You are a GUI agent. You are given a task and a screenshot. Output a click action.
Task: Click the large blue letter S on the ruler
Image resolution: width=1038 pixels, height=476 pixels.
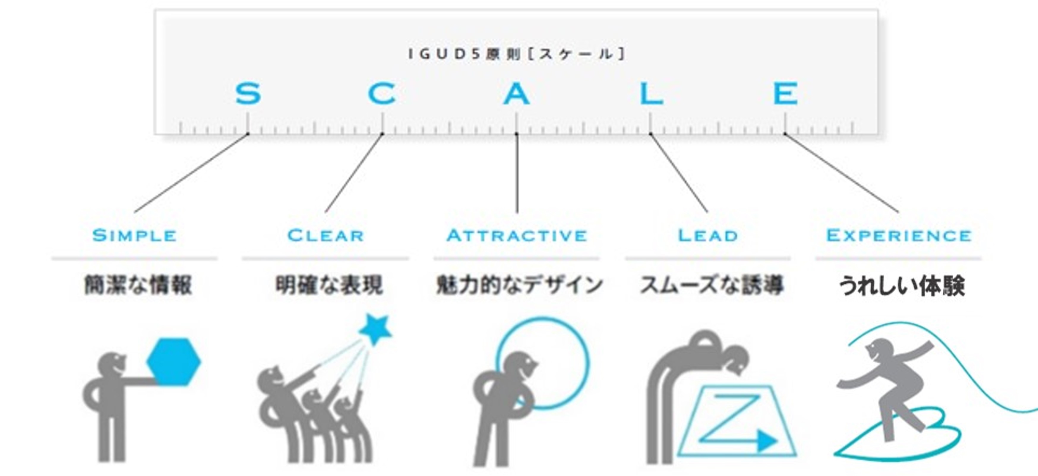click(248, 93)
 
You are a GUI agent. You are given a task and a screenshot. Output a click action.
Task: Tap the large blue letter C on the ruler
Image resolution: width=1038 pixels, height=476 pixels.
click(382, 93)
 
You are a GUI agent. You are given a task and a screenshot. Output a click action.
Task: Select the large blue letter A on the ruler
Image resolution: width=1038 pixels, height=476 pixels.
click(516, 93)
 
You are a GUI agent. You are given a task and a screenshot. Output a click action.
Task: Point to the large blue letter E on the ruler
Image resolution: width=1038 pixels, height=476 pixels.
click(785, 93)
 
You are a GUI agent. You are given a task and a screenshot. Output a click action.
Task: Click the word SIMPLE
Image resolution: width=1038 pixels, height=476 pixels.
click(135, 236)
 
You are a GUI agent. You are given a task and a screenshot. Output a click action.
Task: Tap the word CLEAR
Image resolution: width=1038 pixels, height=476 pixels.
click(326, 236)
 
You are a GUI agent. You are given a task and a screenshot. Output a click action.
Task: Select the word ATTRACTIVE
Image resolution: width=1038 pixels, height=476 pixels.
click(517, 236)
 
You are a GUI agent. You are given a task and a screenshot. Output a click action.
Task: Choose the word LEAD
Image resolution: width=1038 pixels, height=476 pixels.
click(708, 236)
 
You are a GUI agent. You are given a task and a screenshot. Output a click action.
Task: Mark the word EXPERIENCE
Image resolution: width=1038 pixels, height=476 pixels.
click(899, 236)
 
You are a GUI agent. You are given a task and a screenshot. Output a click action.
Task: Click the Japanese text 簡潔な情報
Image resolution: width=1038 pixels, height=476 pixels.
click(138, 285)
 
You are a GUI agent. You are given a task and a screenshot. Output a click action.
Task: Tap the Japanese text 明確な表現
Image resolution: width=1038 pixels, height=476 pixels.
click(329, 285)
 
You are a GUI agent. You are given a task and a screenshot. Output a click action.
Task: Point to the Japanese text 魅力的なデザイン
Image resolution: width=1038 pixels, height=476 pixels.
click(519, 285)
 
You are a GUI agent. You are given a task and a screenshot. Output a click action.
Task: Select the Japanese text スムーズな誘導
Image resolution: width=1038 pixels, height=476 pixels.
click(712, 285)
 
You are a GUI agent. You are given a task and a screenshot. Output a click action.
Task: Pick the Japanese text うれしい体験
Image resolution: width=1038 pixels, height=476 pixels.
click(902, 286)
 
